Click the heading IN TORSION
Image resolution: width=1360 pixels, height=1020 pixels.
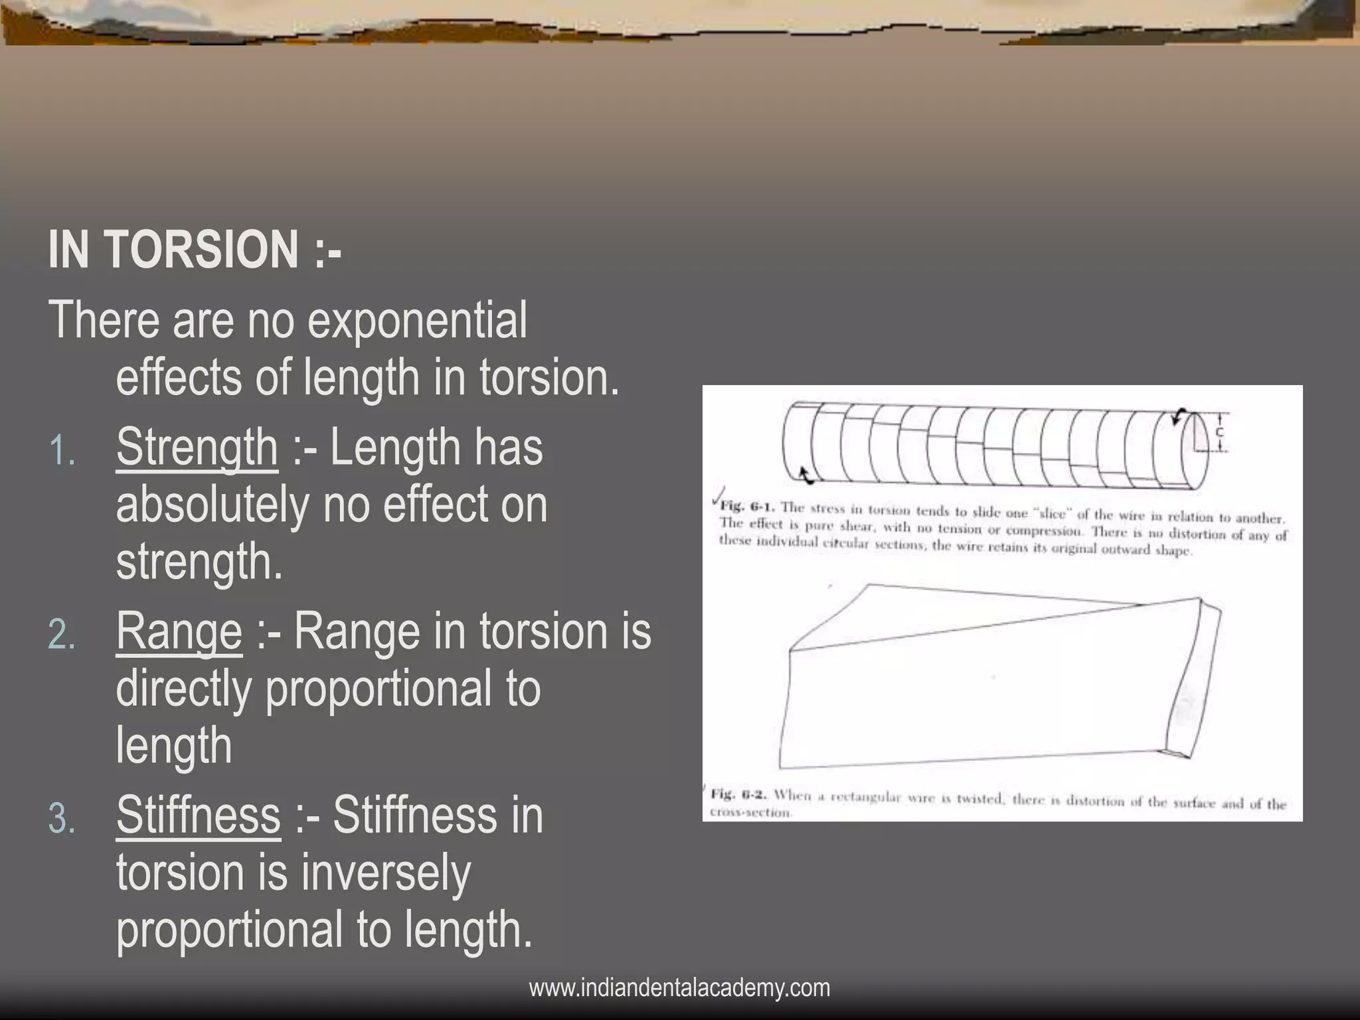pyautogui.click(x=194, y=250)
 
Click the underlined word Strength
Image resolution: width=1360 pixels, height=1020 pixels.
pyautogui.click(x=197, y=448)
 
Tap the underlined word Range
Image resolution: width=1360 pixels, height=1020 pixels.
pyautogui.click(x=179, y=632)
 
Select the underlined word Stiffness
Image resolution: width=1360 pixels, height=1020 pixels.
pyautogui.click(x=198, y=815)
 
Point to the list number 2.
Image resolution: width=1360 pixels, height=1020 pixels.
pyautogui.click(x=61, y=636)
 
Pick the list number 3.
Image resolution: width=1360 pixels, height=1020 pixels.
pyautogui.click(x=61, y=819)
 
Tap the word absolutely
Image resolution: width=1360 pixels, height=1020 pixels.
pyautogui.click(x=212, y=505)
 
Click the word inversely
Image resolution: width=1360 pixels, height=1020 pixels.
pyautogui.click(x=385, y=873)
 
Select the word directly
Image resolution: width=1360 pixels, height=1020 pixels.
pyautogui.click(x=183, y=689)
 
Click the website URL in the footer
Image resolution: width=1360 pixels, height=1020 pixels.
pyautogui.click(x=679, y=987)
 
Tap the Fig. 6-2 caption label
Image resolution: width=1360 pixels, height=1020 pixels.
pyautogui.click(x=739, y=794)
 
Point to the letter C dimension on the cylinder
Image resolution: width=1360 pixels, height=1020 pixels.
pyautogui.click(x=1219, y=432)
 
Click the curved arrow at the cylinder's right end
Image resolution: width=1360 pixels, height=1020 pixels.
pyautogui.click(x=1179, y=416)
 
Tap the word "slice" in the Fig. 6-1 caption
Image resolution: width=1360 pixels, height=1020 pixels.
pyautogui.click(x=1051, y=513)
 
